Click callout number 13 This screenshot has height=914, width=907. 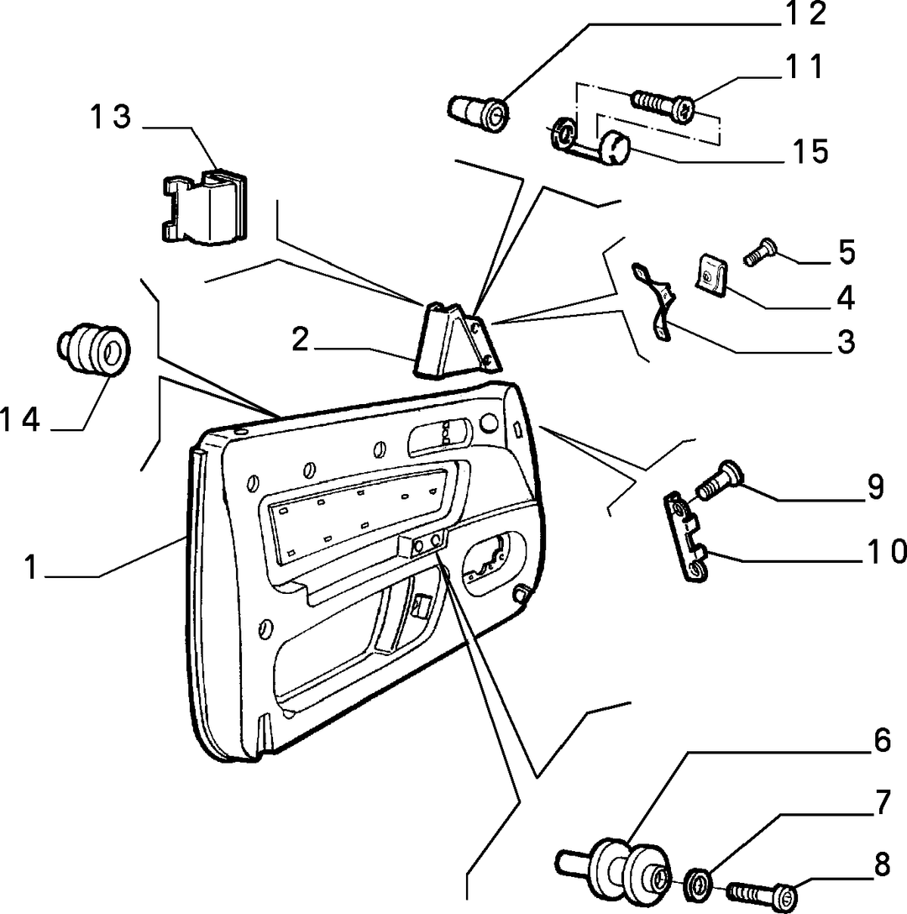click(x=110, y=117)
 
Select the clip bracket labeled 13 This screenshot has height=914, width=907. click(x=203, y=207)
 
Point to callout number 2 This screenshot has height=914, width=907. click(x=300, y=339)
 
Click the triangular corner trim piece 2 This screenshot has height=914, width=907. click(x=457, y=341)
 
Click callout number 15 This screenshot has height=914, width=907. click(x=810, y=151)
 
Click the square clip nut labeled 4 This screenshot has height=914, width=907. click(x=710, y=274)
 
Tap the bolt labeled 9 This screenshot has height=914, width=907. click(x=718, y=481)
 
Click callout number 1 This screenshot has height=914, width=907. click(x=31, y=566)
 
